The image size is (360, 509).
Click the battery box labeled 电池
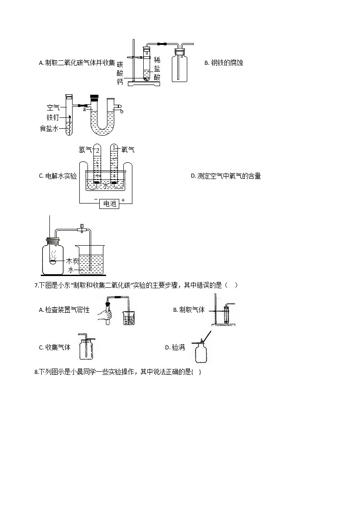click(x=110, y=204)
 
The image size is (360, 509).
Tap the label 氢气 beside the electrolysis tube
click(x=85, y=150)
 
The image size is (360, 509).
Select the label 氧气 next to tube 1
click(x=127, y=150)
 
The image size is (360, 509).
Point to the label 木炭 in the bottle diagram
click(x=73, y=261)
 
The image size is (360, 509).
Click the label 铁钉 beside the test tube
click(x=54, y=118)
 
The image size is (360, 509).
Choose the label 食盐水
click(x=49, y=129)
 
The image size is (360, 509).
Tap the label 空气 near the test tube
click(x=54, y=108)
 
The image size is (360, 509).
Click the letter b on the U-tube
click(x=122, y=111)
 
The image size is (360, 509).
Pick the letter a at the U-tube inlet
click(x=84, y=109)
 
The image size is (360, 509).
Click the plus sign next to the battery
click(x=123, y=200)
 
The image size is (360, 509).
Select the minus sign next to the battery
click(x=96, y=199)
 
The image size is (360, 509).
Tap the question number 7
click(x=36, y=286)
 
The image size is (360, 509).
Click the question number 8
click(x=36, y=373)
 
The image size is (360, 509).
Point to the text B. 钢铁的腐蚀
click(x=224, y=63)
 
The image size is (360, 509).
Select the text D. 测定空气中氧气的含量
click(x=225, y=176)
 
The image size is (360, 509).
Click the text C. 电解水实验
click(x=58, y=176)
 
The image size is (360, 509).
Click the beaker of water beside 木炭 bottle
click(x=91, y=261)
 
